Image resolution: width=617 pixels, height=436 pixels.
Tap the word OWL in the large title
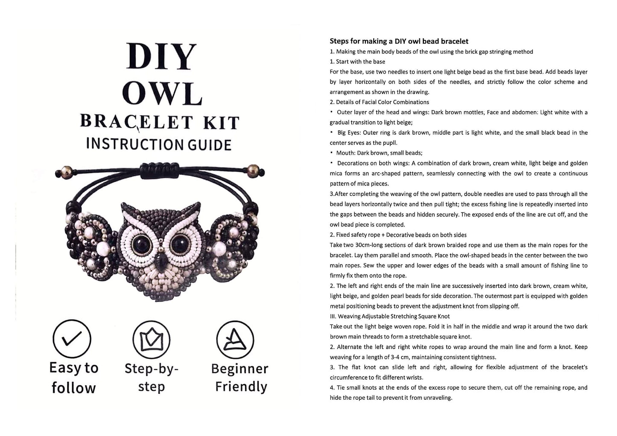(163, 93)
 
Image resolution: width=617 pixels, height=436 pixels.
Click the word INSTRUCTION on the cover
(135, 144)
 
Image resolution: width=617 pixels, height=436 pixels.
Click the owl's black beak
(160, 261)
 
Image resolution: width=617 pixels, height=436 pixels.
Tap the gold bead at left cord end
(66, 172)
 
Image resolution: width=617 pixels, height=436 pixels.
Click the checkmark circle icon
(72, 339)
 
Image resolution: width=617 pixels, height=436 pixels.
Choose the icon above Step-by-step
(151, 340)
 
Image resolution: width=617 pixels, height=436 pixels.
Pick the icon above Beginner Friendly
(235, 340)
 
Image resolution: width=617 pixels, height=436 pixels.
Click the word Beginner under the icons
(240, 369)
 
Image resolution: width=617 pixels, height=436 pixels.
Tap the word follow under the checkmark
(73, 387)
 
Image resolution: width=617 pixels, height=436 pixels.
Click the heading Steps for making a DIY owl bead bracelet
(399, 41)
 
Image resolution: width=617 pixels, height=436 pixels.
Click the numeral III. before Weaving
(333, 316)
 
